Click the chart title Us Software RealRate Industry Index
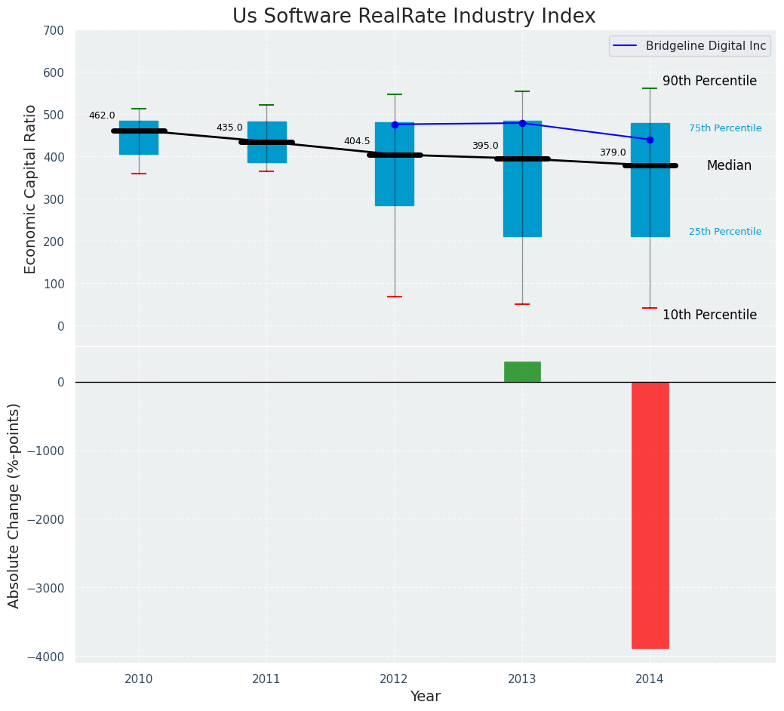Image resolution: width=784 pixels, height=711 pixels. click(x=414, y=17)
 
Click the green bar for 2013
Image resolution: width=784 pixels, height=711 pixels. click(x=522, y=371)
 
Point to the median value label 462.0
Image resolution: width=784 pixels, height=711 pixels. click(x=102, y=115)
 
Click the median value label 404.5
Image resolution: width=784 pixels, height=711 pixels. click(x=357, y=141)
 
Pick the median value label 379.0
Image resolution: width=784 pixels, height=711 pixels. click(x=613, y=152)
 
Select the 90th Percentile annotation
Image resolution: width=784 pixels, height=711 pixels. click(x=709, y=81)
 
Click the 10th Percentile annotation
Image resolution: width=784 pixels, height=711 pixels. click(x=709, y=315)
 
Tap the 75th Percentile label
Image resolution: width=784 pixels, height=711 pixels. click(x=725, y=128)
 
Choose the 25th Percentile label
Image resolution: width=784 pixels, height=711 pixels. click(x=725, y=232)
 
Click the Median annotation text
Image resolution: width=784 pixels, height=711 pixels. click(x=729, y=165)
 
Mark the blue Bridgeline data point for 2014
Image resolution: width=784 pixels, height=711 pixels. click(x=650, y=140)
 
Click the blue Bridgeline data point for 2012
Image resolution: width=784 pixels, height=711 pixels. click(x=395, y=125)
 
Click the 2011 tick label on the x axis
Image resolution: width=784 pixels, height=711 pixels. click(x=266, y=679)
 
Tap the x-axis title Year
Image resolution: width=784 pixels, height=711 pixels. click(x=426, y=697)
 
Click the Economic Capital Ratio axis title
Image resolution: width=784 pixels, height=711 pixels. click(x=30, y=189)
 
